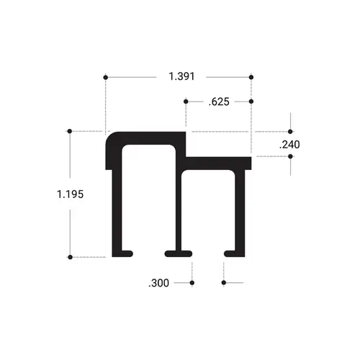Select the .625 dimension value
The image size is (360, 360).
pos(218,102)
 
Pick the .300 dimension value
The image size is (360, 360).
pos(158,283)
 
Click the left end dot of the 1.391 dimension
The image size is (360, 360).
pos(107,76)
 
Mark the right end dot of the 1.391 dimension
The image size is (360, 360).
pos(251,76)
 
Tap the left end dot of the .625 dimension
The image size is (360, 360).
pos(186,102)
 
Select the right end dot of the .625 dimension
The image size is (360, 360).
pos(251,102)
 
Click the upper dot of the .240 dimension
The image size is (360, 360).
pos(291,131)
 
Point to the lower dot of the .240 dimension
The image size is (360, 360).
pos(291,156)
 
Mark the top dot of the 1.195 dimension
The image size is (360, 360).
pos(69,131)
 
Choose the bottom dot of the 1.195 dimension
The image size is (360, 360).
pos(69,256)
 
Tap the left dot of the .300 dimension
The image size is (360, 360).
pos(192,283)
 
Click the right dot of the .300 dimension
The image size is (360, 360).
pos(224,283)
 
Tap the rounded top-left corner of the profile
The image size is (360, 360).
pos(112,138)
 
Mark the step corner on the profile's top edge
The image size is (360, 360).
pos(187,153)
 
